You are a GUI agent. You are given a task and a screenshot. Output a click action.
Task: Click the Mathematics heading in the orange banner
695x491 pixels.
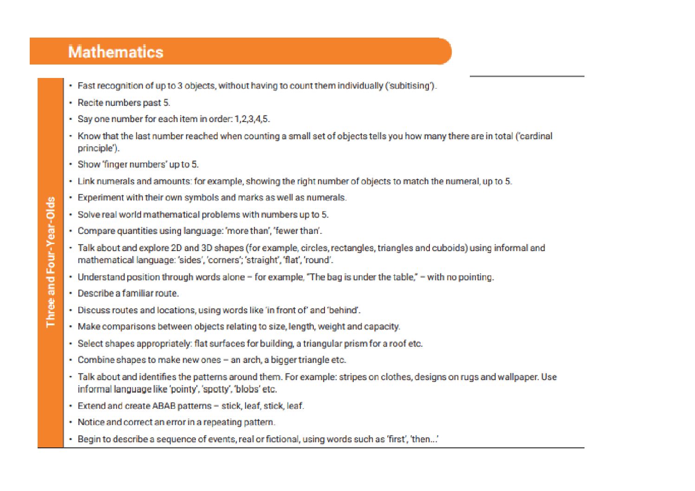click(x=116, y=52)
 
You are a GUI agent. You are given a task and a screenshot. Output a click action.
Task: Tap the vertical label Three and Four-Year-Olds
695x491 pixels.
click(x=51, y=262)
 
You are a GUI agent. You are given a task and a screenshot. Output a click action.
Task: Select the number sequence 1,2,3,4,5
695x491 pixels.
click(x=252, y=119)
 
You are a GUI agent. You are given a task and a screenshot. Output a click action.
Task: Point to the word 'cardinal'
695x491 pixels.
click(x=536, y=136)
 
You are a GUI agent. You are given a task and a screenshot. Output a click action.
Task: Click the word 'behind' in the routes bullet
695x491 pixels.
click(x=343, y=310)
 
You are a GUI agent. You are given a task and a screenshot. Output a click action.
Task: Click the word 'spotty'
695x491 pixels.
click(x=216, y=389)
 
